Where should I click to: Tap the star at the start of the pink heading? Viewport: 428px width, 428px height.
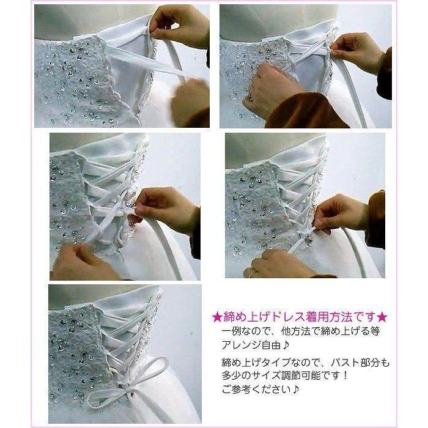(216, 317)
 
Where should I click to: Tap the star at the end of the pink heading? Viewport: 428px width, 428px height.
(383, 317)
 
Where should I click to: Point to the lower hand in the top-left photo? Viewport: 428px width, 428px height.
(190, 101)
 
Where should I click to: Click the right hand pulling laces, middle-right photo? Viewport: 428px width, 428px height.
(342, 214)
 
